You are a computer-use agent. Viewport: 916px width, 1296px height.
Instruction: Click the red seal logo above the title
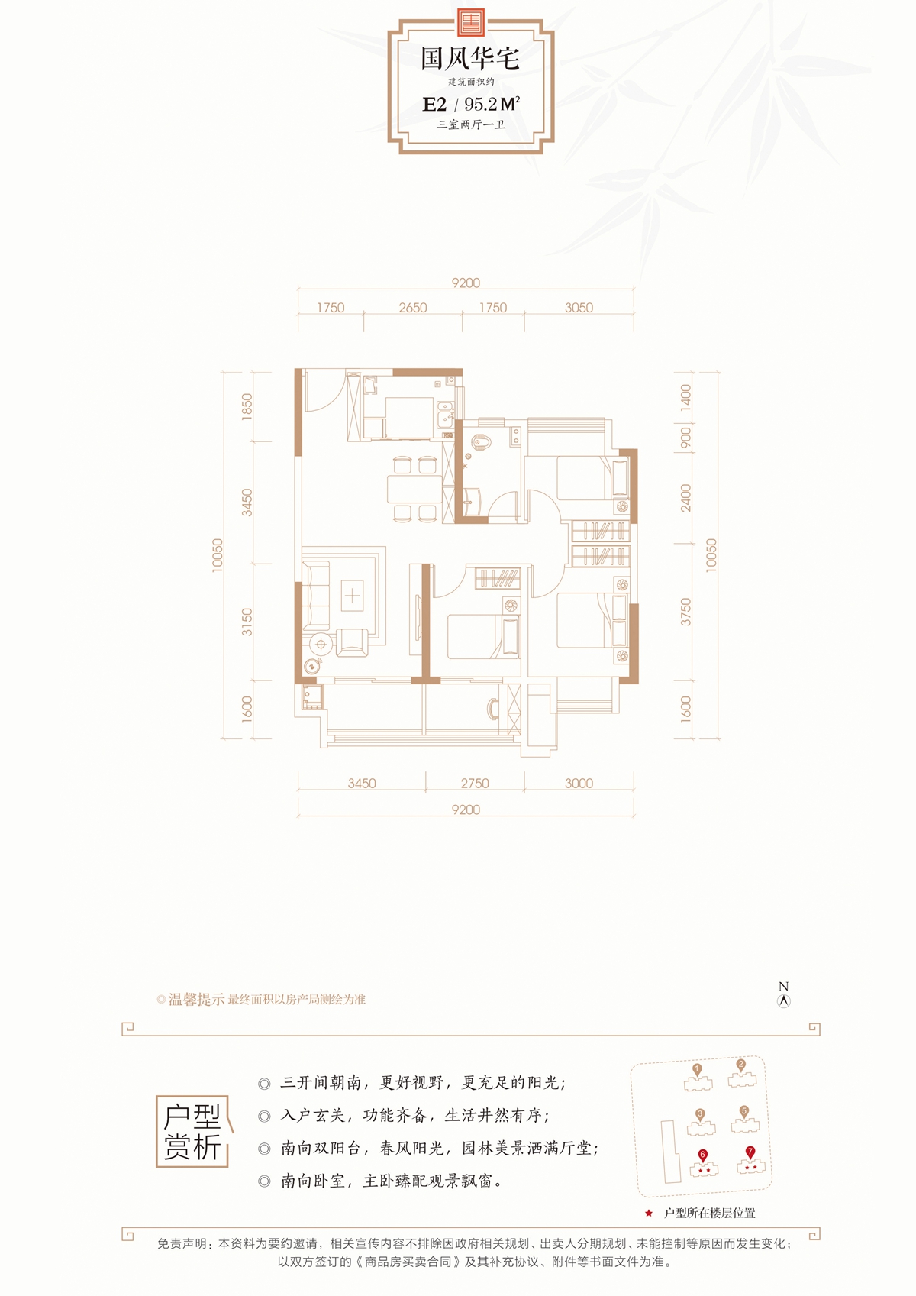click(x=469, y=23)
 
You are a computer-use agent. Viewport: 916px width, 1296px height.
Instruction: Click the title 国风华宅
click(x=470, y=59)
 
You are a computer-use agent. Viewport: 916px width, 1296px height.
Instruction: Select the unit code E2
click(x=434, y=105)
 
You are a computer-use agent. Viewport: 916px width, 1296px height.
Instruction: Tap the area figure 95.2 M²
click(x=492, y=104)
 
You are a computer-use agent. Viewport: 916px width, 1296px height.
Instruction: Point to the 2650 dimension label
click(x=413, y=308)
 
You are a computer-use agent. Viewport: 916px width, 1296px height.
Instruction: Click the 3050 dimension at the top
click(x=579, y=308)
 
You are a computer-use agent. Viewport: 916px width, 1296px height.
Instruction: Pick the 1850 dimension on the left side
click(x=247, y=407)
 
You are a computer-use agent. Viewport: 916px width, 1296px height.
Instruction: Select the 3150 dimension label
click(x=247, y=622)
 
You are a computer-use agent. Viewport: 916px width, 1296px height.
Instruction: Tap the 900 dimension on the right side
click(x=685, y=438)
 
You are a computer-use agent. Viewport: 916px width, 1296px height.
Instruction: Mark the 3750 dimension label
click(x=685, y=612)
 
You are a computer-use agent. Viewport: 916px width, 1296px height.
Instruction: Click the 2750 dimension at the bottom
click(x=475, y=784)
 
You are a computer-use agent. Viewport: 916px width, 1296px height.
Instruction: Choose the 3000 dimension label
click(x=579, y=784)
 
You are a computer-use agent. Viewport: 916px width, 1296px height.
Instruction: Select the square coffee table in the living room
click(x=352, y=596)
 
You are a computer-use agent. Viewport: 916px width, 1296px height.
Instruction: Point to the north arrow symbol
click(x=784, y=1001)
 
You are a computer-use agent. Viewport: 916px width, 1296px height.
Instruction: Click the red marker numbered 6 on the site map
click(x=702, y=1155)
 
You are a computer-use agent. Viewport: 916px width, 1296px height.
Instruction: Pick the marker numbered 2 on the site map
click(x=740, y=1065)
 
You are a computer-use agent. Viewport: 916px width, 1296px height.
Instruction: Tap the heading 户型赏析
click(x=192, y=1132)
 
